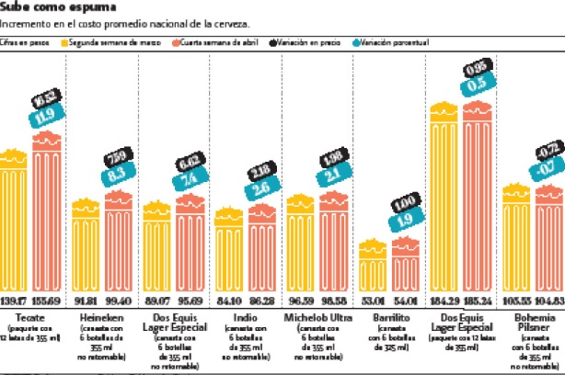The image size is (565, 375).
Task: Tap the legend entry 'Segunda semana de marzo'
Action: coord(102,42)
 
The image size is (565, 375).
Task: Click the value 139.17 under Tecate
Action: coord(14,301)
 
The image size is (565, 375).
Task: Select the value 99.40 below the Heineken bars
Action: coord(119,301)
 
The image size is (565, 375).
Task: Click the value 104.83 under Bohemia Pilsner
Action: coord(549,301)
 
